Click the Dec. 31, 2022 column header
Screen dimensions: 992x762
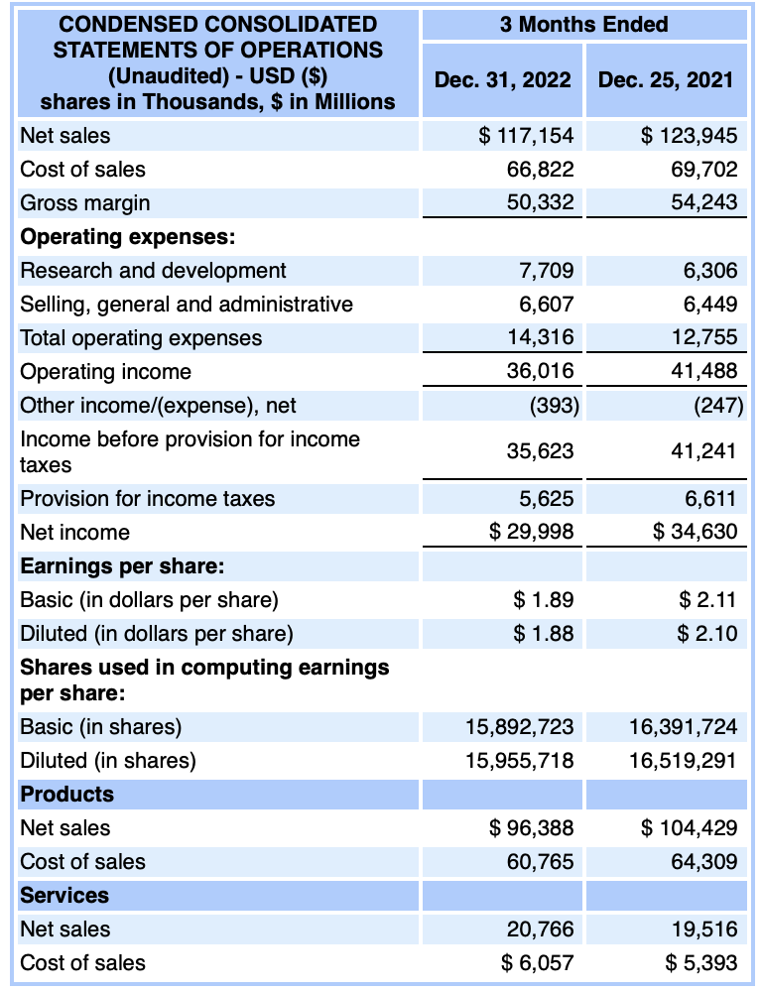point(502,80)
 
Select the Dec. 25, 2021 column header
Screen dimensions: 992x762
point(666,80)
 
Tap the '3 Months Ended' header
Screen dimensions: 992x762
point(583,25)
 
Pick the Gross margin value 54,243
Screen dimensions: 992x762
point(704,202)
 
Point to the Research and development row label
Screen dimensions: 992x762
point(153,270)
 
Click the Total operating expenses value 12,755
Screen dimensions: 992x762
point(704,337)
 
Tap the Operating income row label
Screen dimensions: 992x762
point(106,371)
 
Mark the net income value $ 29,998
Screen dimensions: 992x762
point(532,532)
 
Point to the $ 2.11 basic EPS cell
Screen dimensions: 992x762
point(708,599)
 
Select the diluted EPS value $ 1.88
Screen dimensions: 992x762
point(544,633)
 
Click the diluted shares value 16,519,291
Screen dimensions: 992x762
point(684,761)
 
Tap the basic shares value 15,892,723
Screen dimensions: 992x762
point(520,727)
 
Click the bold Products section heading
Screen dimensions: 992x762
point(66,794)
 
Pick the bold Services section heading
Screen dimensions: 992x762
point(64,895)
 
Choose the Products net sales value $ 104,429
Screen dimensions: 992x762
point(690,827)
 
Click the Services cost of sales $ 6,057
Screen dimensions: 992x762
point(538,962)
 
